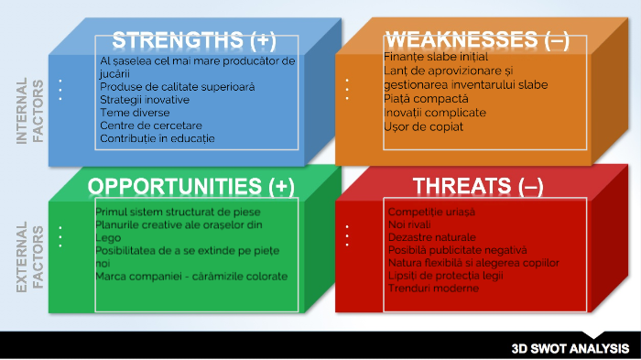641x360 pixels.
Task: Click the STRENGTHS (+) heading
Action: tap(193, 41)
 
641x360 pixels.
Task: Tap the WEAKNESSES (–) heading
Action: tap(477, 40)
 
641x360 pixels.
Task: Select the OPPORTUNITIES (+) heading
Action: tap(190, 186)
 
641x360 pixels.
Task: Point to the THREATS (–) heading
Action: tap(478, 186)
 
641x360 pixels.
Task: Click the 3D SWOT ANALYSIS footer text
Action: tap(570, 348)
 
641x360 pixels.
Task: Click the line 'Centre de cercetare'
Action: tap(151, 125)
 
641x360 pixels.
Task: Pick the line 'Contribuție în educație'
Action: tap(157, 138)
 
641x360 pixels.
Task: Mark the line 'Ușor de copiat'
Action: tap(424, 125)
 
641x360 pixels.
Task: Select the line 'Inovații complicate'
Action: tap(435, 112)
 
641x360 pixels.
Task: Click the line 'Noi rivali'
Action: tap(408, 224)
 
